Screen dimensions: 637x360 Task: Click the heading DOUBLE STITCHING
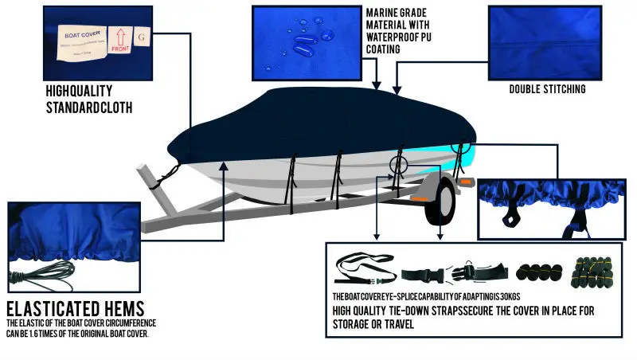548,89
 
